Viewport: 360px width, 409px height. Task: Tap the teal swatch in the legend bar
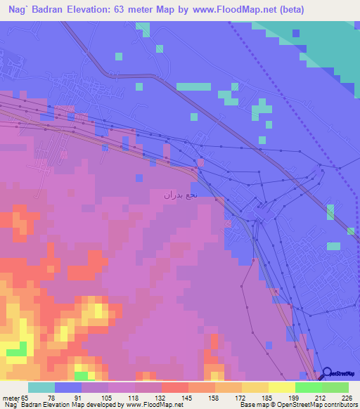click(x=41, y=387)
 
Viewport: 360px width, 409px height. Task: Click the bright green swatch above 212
click(x=308, y=387)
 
